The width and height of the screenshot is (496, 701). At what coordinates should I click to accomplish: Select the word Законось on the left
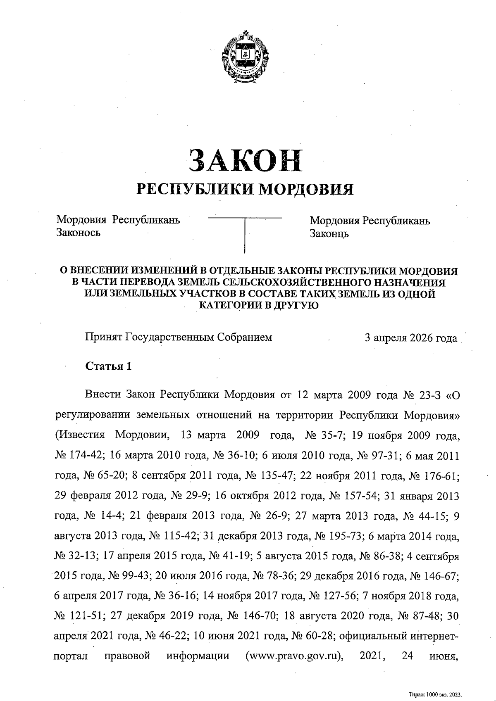(78, 233)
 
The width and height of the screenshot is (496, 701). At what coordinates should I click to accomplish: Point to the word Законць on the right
(329, 234)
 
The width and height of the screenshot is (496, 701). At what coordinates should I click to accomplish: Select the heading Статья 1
(108, 366)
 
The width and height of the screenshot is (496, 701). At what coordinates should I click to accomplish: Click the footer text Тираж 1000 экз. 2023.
(435, 695)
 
